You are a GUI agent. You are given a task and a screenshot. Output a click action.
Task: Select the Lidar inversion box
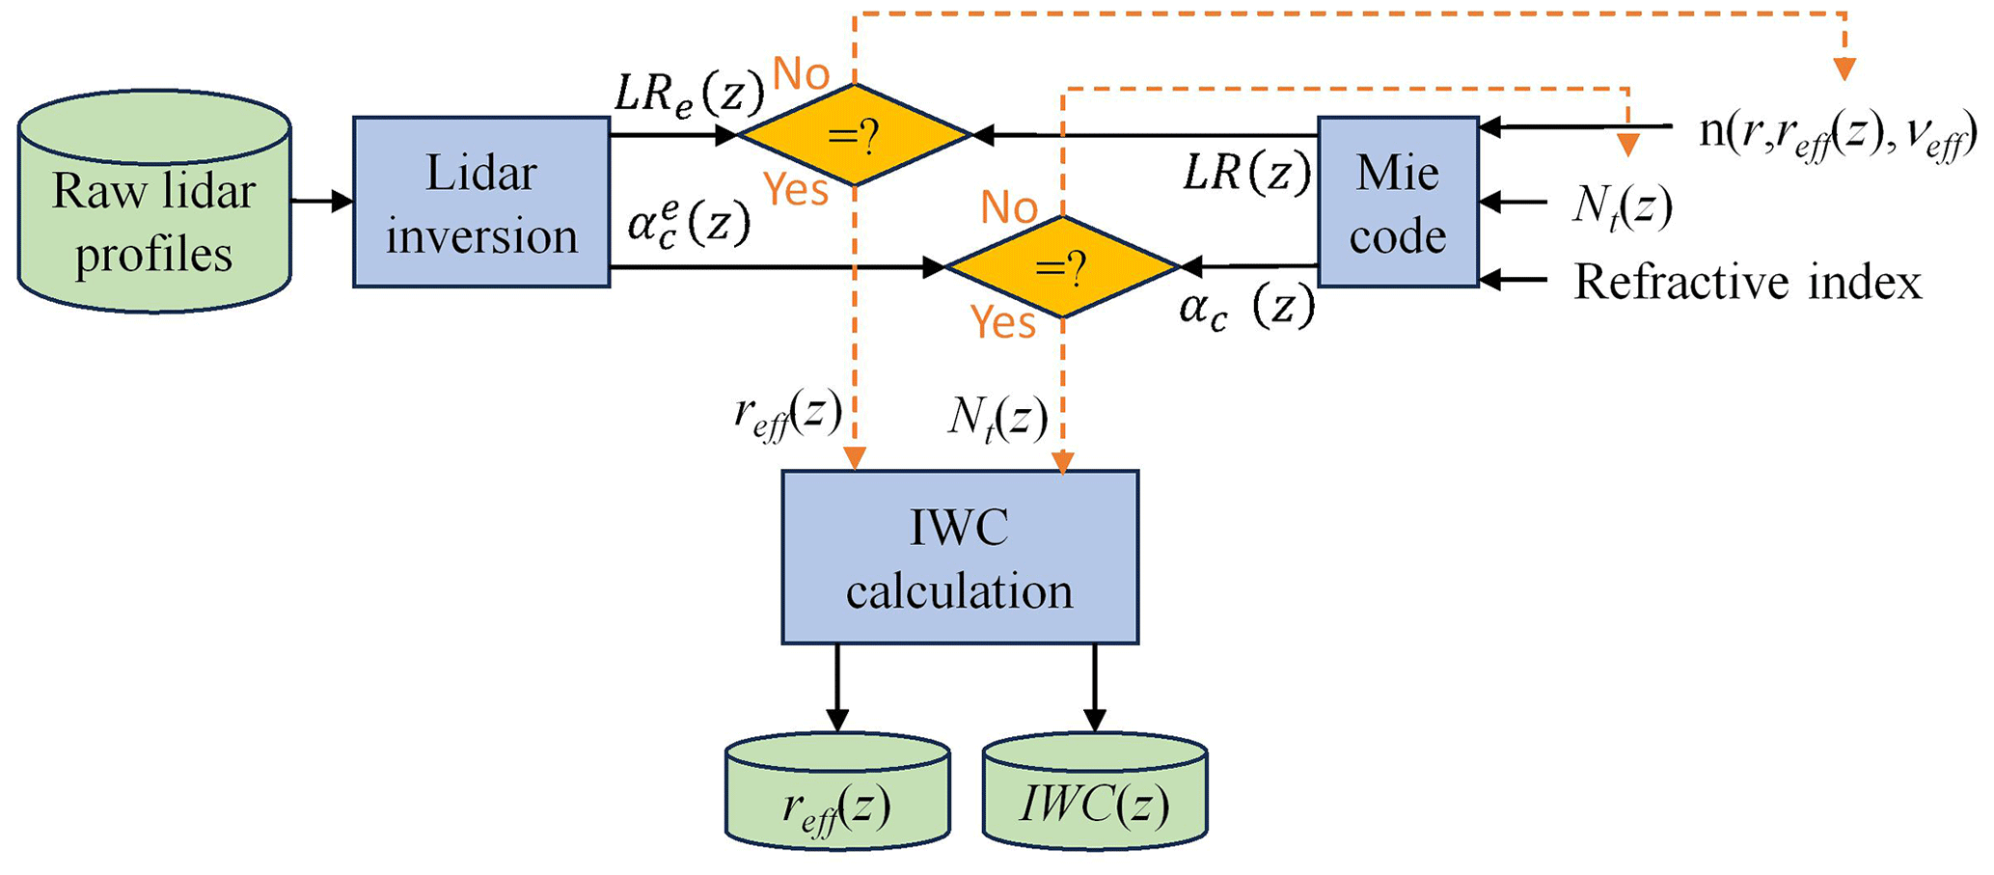pos(481,203)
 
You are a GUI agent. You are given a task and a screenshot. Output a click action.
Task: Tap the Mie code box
pos(1398,203)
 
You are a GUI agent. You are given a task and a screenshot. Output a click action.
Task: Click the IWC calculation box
pos(960,558)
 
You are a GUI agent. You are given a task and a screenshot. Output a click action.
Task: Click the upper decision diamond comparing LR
pos(854,136)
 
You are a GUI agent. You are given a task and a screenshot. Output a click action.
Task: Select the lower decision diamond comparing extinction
pos(1061,266)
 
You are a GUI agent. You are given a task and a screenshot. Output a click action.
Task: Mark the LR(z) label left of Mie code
pos(1247,174)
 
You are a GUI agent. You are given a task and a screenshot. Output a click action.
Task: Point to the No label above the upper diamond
pos(801,73)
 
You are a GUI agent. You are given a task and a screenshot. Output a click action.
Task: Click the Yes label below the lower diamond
pos(1003,321)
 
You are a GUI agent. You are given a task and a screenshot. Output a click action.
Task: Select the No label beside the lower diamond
pos(1009,206)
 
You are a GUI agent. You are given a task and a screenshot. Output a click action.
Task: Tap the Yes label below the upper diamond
pos(796,189)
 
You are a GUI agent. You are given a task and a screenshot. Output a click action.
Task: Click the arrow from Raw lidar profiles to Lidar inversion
pos(322,202)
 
